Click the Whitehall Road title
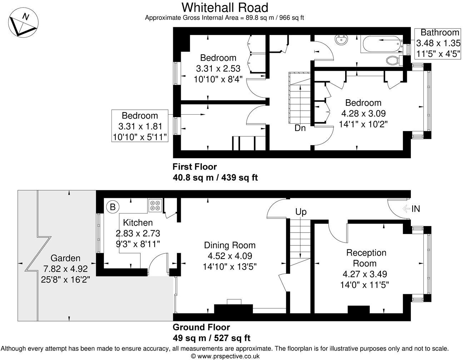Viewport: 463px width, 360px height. pos(224,7)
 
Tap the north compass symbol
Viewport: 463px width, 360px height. pos(23,23)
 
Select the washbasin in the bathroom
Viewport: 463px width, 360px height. pos(342,40)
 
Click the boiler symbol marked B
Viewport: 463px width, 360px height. pos(113,207)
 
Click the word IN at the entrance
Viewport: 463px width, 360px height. pos(415,209)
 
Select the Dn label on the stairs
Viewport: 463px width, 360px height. pos(300,128)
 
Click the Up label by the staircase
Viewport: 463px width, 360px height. pos(301,212)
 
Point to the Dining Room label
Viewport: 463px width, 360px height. pos(230,245)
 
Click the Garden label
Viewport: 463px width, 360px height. pos(65,258)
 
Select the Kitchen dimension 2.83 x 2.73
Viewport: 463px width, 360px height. pos(138,234)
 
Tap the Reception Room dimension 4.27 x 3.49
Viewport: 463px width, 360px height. pos(365,274)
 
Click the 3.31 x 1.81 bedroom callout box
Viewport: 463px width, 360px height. pos(140,126)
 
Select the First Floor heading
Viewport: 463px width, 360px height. pos(195,166)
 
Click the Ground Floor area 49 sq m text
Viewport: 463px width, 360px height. pos(211,338)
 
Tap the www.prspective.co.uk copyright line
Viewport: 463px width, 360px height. pos(225,356)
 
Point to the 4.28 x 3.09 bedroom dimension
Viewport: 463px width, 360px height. pos(363,114)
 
